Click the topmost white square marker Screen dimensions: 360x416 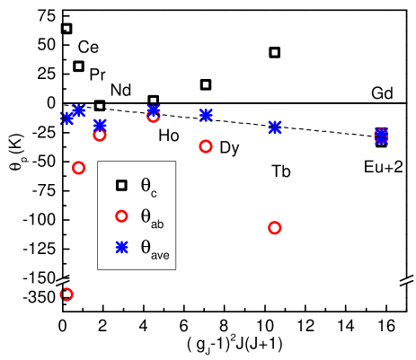tap(66, 28)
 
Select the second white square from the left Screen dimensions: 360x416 tap(78, 66)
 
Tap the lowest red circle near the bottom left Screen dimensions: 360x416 tap(66, 294)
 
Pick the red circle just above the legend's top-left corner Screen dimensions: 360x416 tap(78, 168)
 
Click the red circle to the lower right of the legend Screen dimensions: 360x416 tap(274, 227)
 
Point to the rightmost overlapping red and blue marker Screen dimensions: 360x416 tap(381, 136)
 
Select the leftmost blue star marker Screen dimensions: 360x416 tap(67, 118)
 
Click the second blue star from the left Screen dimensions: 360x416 tap(79, 110)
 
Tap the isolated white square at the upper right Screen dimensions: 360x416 tap(274, 52)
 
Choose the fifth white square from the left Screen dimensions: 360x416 tap(206, 84)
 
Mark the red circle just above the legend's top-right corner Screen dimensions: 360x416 tap(206, 145)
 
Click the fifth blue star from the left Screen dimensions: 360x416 tap(206, 115)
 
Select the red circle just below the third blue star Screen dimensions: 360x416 tap(100, 135)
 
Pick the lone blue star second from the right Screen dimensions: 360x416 tap(274, 127)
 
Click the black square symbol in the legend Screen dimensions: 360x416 tap(121, 186)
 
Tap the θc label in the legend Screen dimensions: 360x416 tap(148, 187)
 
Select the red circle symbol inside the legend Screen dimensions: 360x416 tap(121, 216)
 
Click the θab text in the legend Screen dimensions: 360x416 tap(151, 217)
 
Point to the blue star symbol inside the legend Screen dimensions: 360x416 tap(121, 247)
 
